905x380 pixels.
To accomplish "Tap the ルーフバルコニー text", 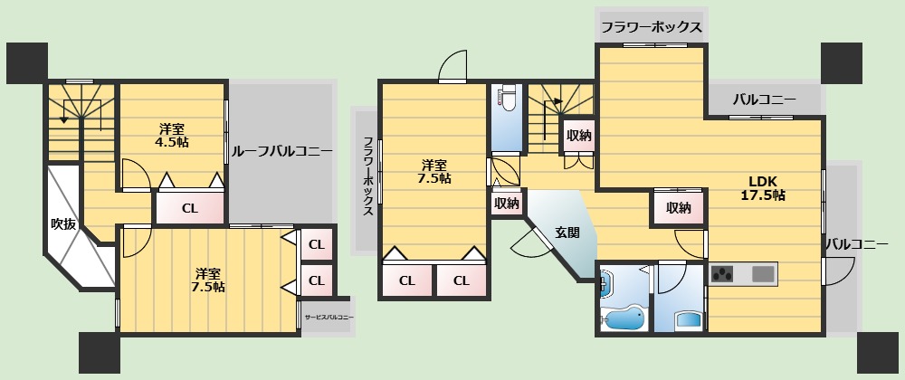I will [281, 151].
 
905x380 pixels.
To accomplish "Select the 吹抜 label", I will [62, 223].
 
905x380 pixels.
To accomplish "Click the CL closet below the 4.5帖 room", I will [189, 208].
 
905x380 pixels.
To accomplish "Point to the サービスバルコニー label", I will [329, 318].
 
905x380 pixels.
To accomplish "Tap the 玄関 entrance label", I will [567, 232].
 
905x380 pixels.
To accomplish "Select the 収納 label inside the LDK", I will [679, 208].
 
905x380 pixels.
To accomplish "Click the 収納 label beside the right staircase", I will [578, 136].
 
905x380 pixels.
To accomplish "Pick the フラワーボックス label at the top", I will [651, 27].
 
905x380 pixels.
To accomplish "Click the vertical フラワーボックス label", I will [367, 176].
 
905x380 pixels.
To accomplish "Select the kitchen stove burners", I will [725, 273].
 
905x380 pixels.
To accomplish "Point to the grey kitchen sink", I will [763, 273].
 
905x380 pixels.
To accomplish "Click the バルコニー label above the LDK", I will [764, 99].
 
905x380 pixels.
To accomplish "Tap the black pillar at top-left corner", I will [26, 62].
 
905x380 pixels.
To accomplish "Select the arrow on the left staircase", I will [63, 115].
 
